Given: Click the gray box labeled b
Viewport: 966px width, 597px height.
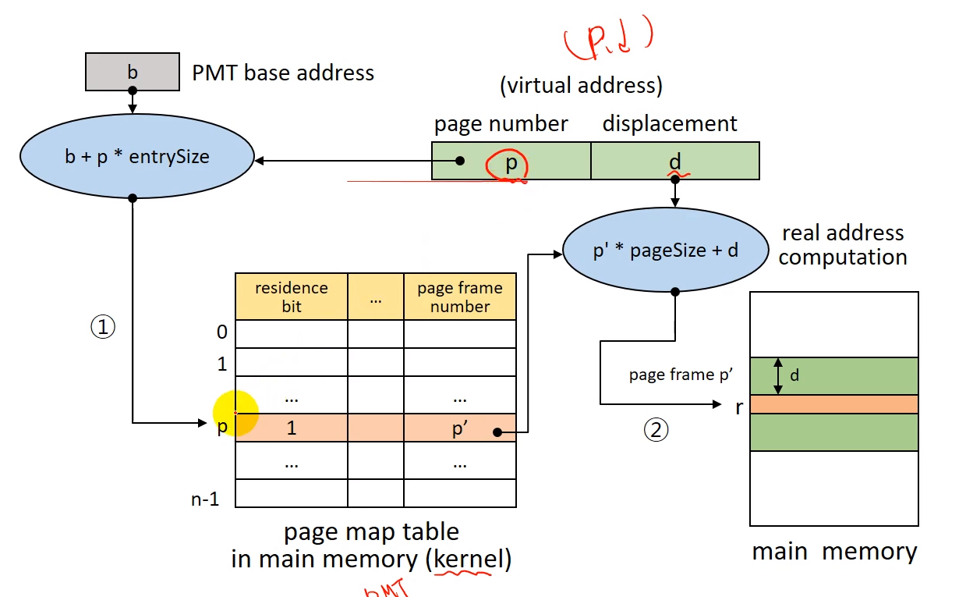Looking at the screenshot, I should [132, 73].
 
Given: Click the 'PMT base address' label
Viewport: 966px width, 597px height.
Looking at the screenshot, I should [283, 73].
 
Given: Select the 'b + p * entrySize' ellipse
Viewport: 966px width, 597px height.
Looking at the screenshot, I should [137, 156].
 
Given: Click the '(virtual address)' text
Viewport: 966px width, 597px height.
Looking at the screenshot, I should [581, 85].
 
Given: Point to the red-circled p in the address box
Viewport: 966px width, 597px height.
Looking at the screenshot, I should [511, 163].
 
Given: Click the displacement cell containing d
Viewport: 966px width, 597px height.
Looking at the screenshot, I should [674, 161].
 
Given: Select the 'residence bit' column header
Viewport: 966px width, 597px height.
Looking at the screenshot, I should [292, 297].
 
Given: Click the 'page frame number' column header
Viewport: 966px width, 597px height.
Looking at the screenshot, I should [459, 297].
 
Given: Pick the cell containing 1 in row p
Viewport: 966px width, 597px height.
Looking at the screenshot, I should [292, 428].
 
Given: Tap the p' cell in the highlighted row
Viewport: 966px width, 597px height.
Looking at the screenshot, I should [459, 428].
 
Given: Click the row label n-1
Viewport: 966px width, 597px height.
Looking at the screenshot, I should [205, 499].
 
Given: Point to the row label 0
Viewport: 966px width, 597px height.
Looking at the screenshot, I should [221, 332].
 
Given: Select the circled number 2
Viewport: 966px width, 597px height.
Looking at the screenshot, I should [655, 430].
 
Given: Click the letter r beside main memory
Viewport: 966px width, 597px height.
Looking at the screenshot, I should [738, 406].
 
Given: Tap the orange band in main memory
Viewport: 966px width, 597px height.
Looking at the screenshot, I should [833, 404].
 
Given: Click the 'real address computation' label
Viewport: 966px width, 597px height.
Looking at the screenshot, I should [842, 245].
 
